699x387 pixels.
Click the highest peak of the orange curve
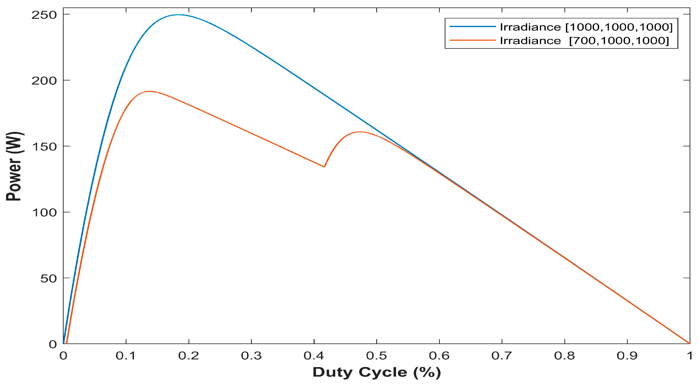pyautogui.click(x=149, y=91)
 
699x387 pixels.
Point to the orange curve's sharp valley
pyautogui.click(x=324, y=167)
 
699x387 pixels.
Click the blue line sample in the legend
pyautogui.click(x=472, y=27)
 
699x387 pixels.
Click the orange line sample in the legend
pyautogui.click(x=472, y=40)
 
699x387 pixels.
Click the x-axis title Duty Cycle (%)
pyautogui.click(x=377, y=372)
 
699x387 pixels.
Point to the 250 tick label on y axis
pyautogui.click(x=44, y=15)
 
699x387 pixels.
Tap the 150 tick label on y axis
pyautogui.click(x=44, y=147)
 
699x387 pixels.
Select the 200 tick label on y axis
pyautogui.click(x=44, y=81)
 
